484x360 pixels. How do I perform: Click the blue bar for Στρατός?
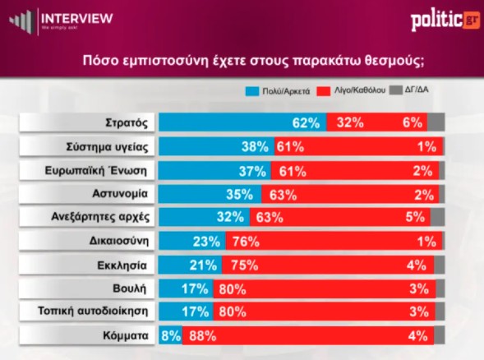pos(242,122)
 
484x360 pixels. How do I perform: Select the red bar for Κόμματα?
pos(308,335)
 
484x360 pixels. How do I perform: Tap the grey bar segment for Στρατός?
pos(436,122)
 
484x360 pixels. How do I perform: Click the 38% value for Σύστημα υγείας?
pos(255,146)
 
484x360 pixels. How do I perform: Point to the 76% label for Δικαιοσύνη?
pos(246,242)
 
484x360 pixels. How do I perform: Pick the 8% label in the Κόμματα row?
pos(171,335)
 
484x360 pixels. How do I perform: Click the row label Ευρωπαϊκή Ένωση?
pos(96,170)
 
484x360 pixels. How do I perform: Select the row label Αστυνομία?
pos(120,194)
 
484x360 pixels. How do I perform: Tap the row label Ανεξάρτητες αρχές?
pos(100,217)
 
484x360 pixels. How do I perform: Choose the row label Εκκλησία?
pos(122,265)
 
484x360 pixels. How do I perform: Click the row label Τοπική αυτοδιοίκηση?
pos(93,311)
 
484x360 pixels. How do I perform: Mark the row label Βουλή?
pos(129,288)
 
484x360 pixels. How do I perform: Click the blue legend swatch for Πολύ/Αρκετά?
pos(252,91)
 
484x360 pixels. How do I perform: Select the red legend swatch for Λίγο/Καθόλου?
pos(323,91)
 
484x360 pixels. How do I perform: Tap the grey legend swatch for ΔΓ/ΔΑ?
pos(396,90)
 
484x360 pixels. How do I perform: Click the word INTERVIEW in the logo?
pos(77,18)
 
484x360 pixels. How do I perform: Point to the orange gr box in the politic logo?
pos(471,20)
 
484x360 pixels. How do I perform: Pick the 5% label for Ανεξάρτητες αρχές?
pos(415,217)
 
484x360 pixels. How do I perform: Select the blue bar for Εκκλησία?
pos(191,265)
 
